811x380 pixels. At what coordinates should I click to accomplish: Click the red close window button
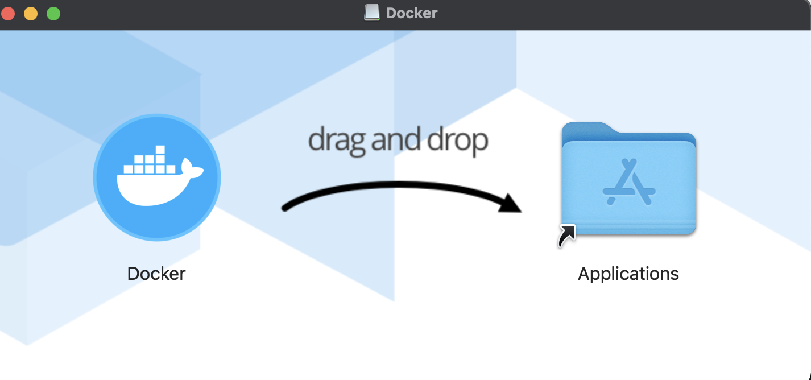[8, 13]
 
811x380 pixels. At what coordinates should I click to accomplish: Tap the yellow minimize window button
[31, 13]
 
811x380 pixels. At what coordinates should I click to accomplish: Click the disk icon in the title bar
[372, 13]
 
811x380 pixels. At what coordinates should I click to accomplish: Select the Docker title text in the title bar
[412, 13]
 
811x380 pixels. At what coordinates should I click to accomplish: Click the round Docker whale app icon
[156, 177]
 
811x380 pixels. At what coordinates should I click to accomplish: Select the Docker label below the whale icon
[156, 274]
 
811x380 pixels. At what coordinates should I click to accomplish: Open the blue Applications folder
[628, 179]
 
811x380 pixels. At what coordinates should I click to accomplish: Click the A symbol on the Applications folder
[628, 182]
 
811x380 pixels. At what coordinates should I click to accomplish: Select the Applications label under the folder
[628, 274]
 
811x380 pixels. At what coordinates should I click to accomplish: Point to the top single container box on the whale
[160, 150]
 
